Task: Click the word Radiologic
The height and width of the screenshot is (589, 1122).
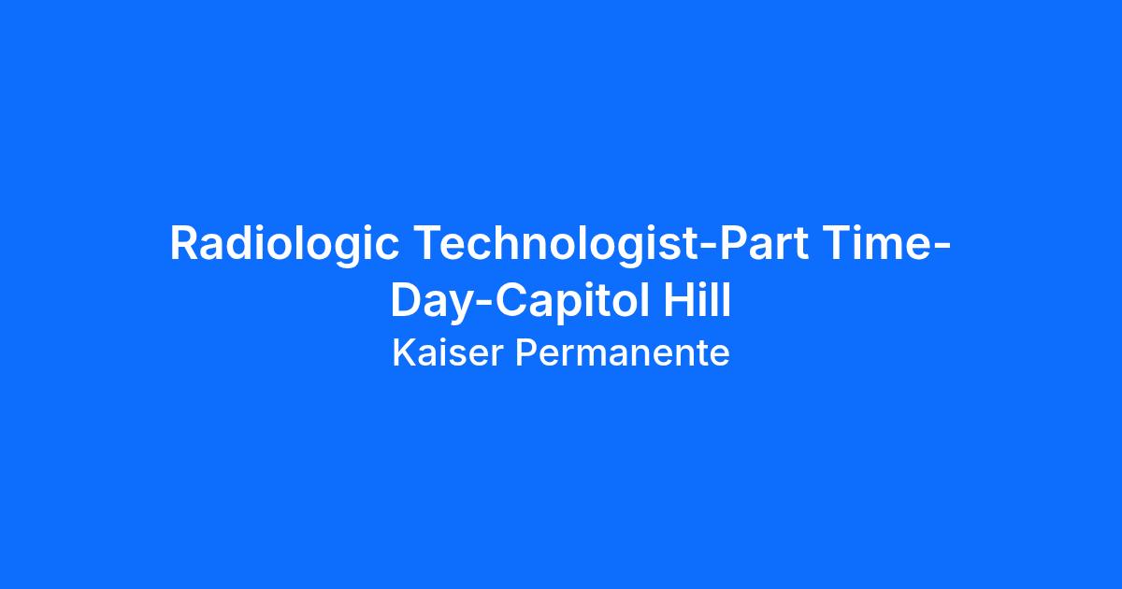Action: point(284,244)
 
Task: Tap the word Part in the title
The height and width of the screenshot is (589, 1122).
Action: point(764,243)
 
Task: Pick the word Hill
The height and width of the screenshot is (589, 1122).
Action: point(698,299)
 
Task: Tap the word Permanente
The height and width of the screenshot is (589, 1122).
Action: point(622,353)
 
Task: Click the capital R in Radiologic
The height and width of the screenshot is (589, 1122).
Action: point(185,243)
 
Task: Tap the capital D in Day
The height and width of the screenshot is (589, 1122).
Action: point(406,300)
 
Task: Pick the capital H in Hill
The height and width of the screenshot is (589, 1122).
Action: point(679,300)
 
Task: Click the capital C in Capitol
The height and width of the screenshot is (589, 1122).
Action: point(512,300)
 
